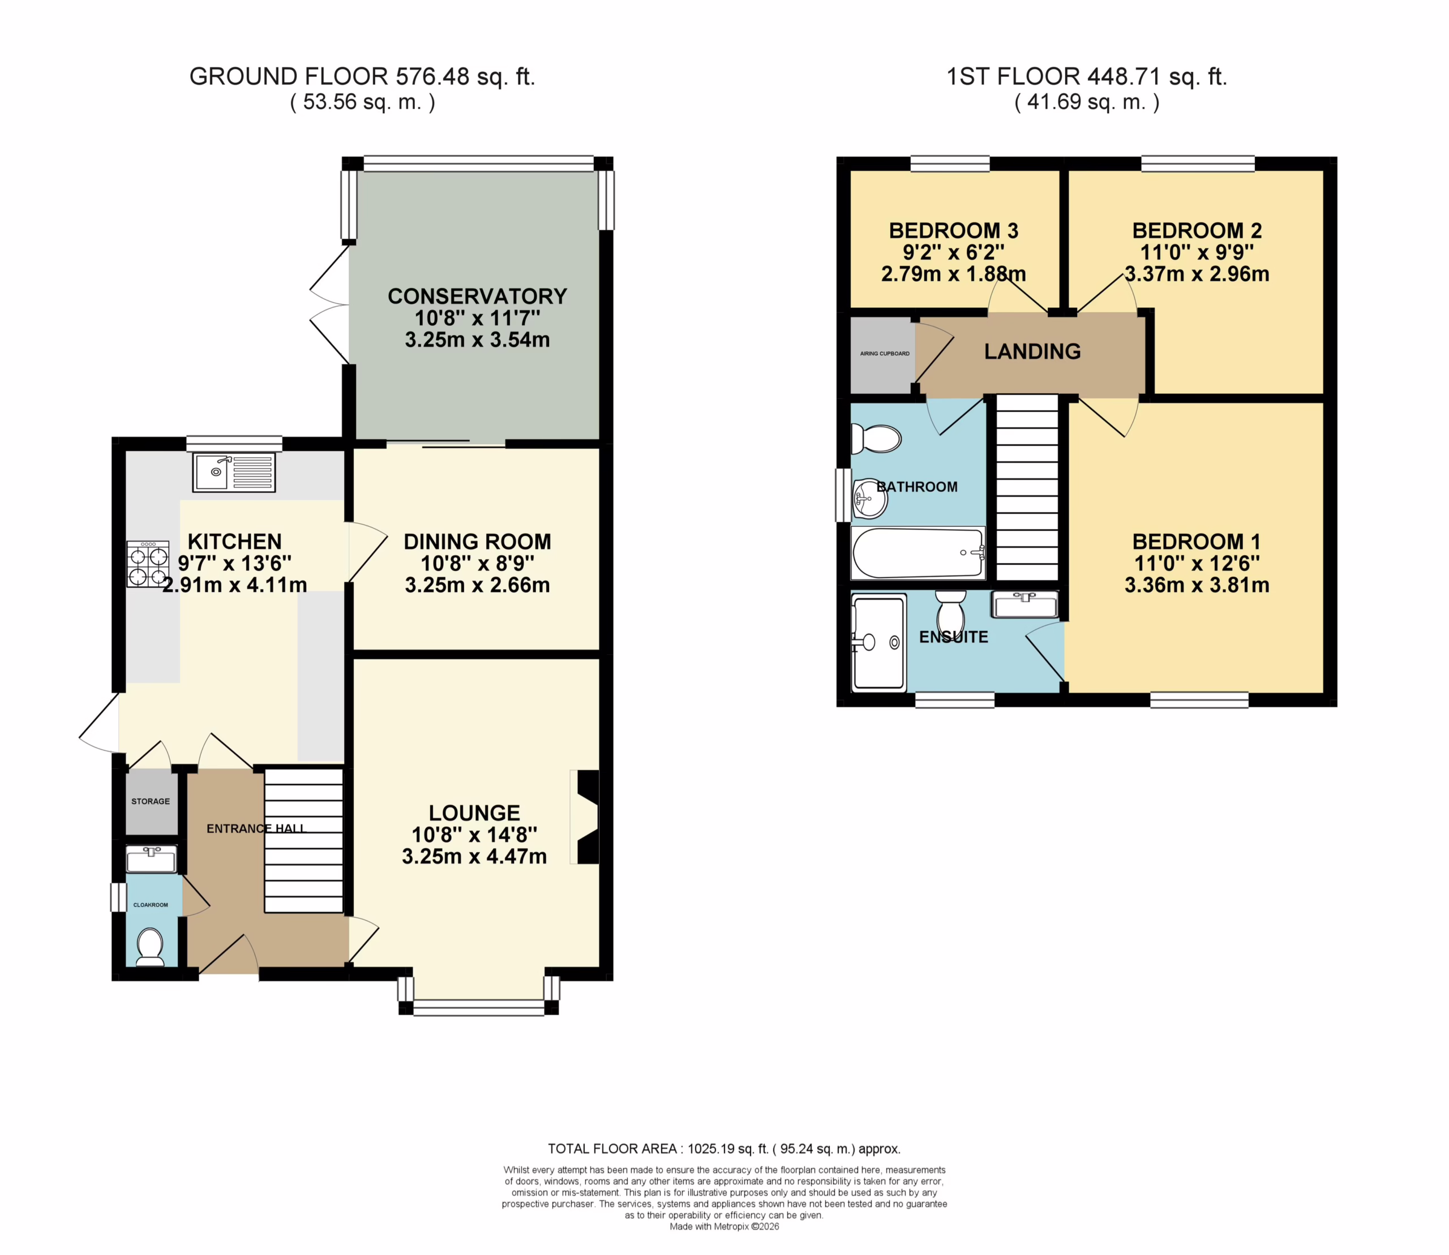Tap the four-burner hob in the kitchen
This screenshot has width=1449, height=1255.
click(148, 564)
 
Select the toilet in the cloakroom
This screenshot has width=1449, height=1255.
click(150, 946)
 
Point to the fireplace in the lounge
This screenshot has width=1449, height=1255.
click(586, 816)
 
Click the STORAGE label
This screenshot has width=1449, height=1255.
click(151, 801)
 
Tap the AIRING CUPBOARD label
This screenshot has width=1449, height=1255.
click(885, 354)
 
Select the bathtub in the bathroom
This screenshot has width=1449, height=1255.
click(918, 553)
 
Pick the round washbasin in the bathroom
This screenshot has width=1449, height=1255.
click(869, 498)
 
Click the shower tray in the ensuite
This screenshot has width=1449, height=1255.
click(878, 642)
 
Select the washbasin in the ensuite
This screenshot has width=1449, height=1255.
click(1024, 604)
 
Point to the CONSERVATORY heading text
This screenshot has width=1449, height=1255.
click(477, 296)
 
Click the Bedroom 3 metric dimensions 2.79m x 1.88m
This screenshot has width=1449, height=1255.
click(953, 274)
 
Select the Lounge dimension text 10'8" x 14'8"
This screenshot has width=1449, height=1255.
click(474, 835)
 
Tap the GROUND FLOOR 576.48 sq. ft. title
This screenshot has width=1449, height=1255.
click(362, 76)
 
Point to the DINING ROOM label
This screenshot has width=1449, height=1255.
click(477, 541)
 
